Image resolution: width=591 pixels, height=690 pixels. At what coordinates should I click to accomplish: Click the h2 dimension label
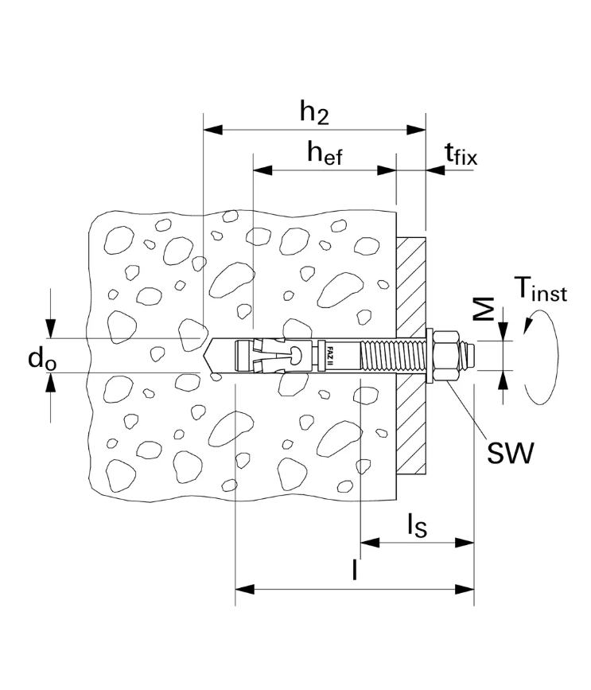[x=314, y=112]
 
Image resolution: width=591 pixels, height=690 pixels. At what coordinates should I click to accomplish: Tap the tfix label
[x=461, y=154]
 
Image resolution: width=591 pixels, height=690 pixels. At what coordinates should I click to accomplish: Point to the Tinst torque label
[x=540, y=290]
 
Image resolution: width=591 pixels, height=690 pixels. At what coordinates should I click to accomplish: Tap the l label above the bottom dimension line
[x=354, y=571]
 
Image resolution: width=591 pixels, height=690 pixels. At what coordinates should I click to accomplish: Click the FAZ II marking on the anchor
[x=326, y=356]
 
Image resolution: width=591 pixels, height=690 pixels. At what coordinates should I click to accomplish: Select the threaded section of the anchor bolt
[x=393, y=356]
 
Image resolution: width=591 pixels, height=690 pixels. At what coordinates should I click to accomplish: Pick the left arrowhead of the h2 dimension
[x=211, y=130]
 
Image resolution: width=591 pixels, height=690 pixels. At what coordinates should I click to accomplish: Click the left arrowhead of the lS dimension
[x=368, y=543]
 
